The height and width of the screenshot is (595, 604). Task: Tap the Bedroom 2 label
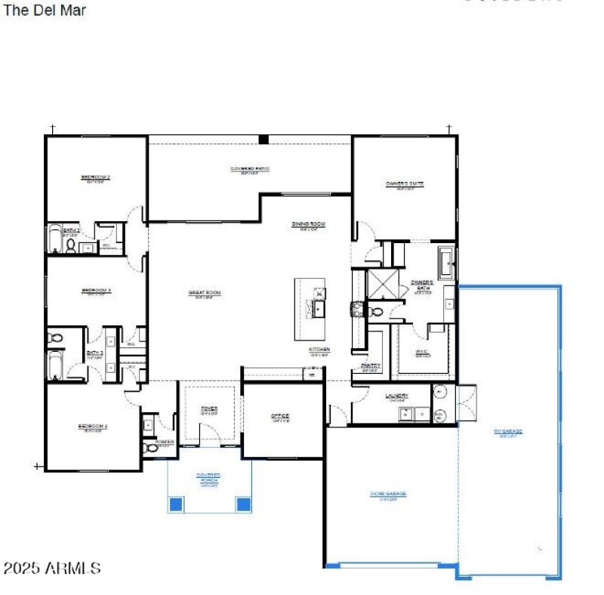pos(96,178)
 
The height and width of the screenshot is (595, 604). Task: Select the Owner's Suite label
pos(405,183)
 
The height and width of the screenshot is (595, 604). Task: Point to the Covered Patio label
pos(250,169)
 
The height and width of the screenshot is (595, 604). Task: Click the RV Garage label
pos(508,432)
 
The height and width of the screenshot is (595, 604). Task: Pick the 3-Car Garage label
pos(388,494)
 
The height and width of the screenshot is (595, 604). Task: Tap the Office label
pos(280,417)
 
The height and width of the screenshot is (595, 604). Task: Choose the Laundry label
pos(397,396)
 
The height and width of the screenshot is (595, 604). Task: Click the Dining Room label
pos(308,224)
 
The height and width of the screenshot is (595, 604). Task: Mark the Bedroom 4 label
pos(93,427)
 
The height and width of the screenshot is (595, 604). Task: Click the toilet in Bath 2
pos(70,245)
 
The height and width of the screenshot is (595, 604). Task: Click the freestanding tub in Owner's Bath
pos(446,262)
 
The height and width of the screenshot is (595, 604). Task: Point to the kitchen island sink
pos(319,308)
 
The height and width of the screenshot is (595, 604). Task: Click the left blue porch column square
pos(175,504)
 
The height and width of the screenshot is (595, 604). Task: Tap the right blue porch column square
pos(243,504)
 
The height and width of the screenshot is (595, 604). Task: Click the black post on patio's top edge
pos(263,139)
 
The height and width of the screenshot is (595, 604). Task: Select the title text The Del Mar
pos(45,11)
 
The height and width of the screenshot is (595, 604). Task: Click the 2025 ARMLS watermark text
pos(52,568)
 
